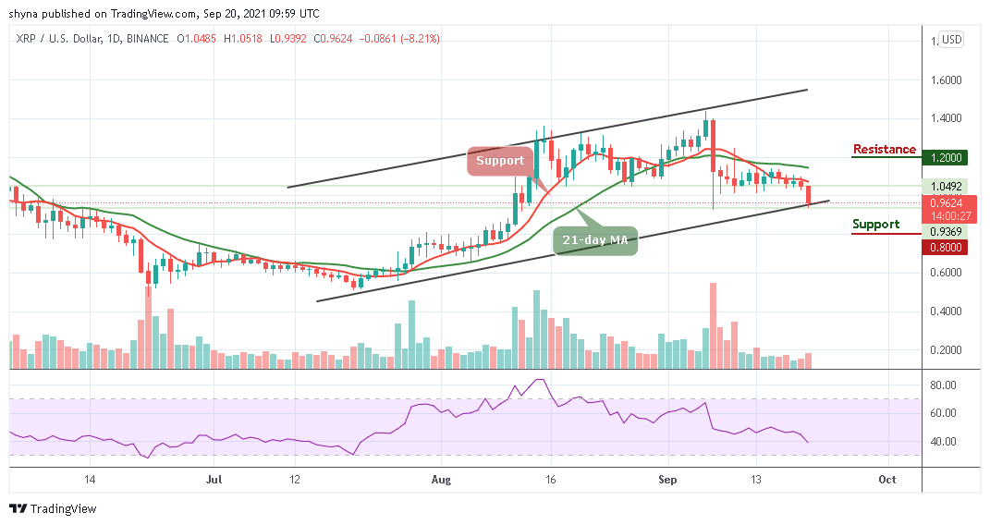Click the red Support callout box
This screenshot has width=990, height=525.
[501, 160]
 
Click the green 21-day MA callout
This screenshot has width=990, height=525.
[595, 240]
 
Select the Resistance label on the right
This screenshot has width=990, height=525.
[885, 150]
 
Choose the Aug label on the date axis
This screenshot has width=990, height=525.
[441, 480]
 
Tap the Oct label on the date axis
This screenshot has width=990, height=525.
[887, 480]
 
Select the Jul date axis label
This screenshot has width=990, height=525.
[214, 480]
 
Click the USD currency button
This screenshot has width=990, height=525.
[950, 40]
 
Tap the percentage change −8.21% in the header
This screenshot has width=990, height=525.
[421, 39]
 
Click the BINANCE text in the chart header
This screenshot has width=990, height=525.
[148, 39]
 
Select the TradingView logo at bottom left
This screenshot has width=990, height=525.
[53, 509]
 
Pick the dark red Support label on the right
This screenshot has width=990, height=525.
[875, 225]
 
